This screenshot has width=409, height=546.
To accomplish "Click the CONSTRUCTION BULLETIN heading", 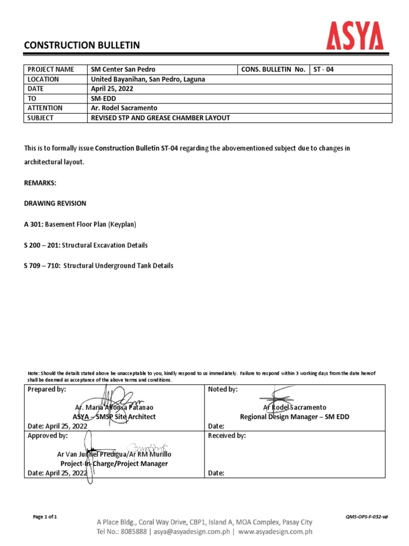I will click(82, 46).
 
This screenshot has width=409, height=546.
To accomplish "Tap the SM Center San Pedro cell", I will click(123, 70).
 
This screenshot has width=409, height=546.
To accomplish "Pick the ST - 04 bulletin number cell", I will click(324, 70).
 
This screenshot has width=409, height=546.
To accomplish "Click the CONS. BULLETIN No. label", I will click(273, 70).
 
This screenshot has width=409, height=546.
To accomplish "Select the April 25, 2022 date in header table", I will click(111, 89).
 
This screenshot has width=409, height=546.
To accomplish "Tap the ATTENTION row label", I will click(45, 108).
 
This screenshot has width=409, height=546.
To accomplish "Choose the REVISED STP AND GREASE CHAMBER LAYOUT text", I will click(160, 118).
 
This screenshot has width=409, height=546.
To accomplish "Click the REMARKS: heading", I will click(40, 182).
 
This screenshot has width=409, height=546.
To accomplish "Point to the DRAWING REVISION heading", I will click(55, 204).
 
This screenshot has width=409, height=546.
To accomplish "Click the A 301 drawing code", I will click(34, 224).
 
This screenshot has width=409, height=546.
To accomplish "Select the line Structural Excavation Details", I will click(105, 245).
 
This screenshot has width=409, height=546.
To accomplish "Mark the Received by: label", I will click(227, 436).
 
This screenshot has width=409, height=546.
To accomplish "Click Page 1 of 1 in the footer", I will click(45, 517).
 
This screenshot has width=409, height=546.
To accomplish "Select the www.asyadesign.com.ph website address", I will click(275, 531).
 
